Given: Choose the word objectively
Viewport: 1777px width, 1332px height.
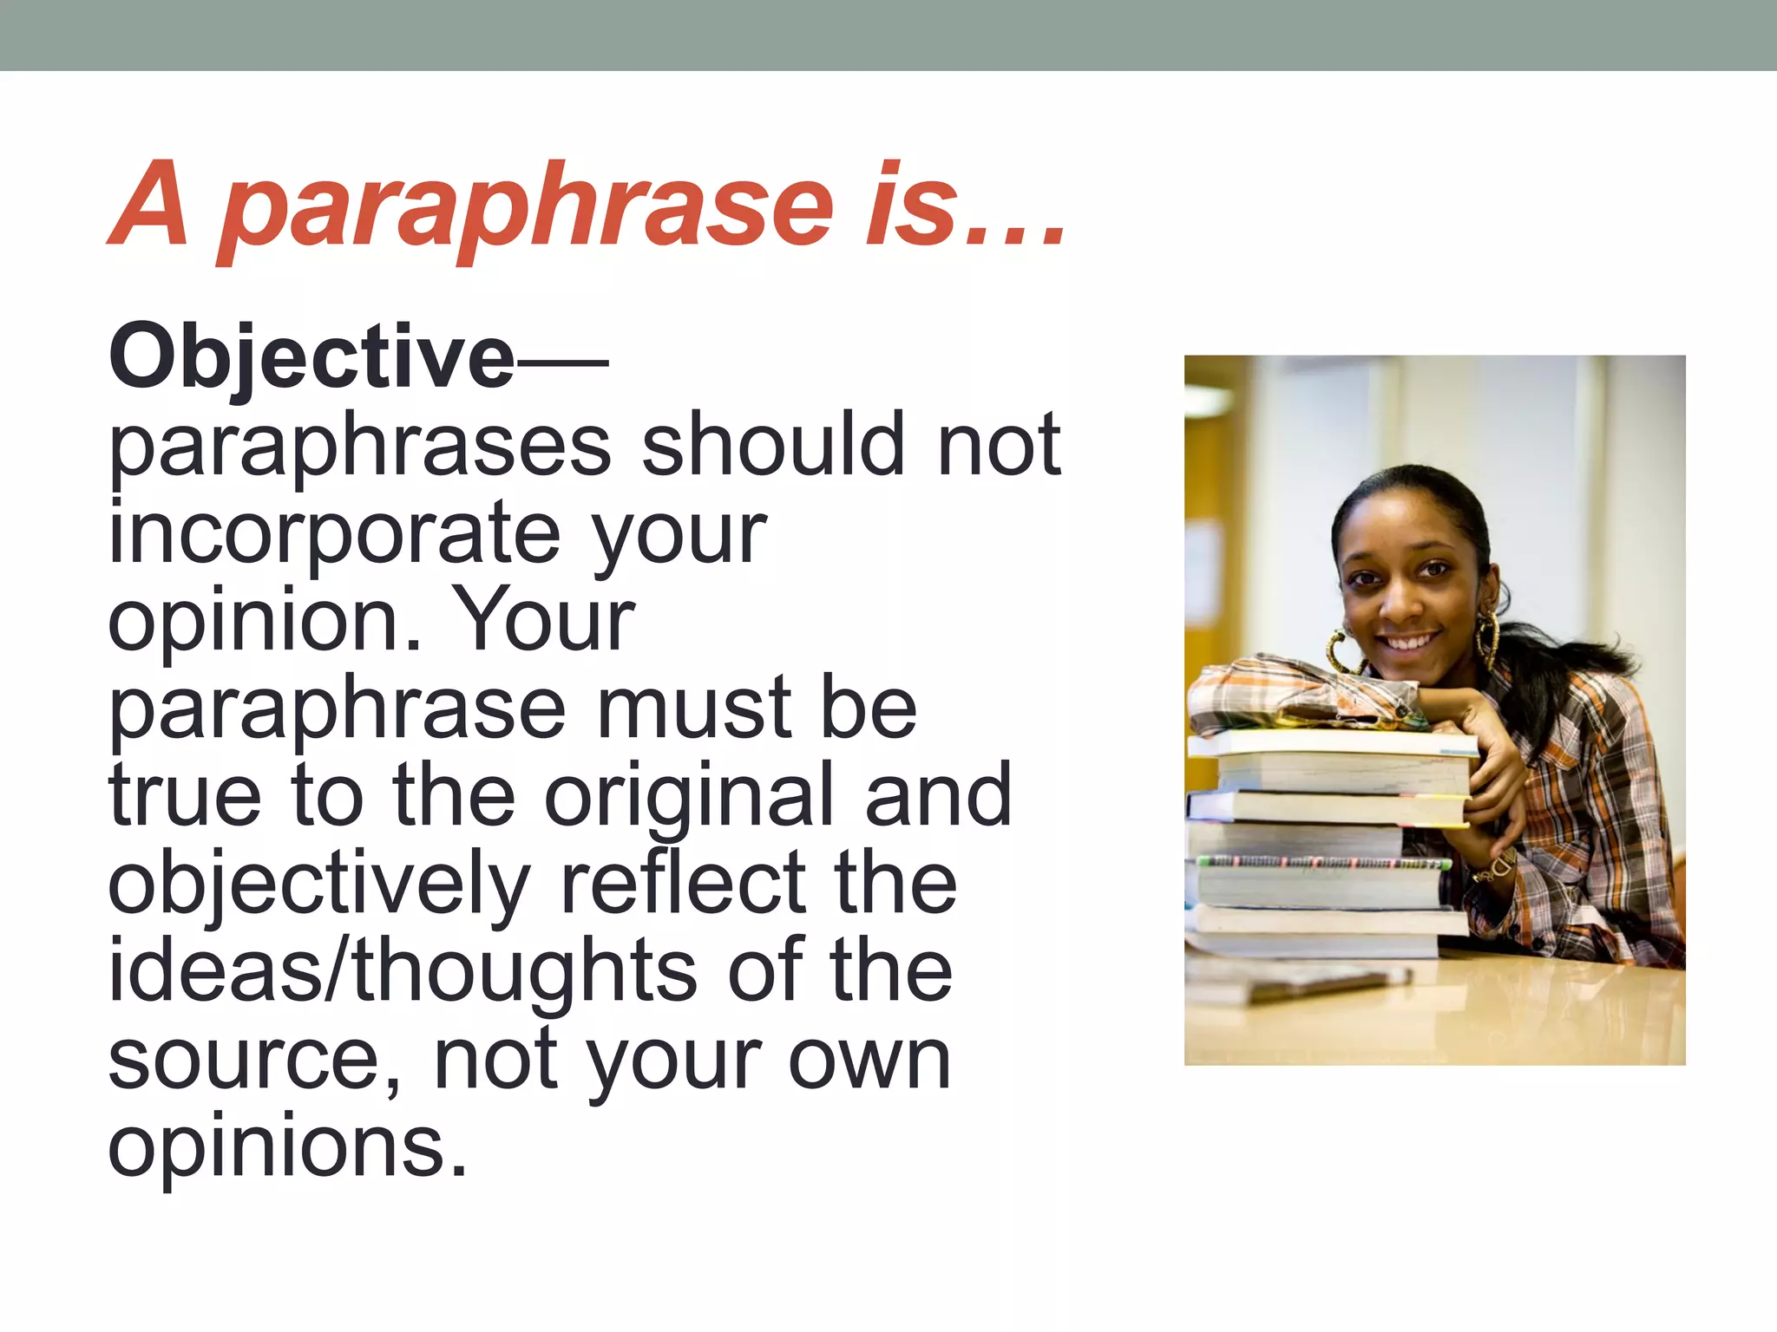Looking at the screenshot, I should coord(319,885).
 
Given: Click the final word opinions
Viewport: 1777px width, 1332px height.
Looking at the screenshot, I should coord(286,1146).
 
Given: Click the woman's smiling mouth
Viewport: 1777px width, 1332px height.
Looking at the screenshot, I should coord(1407,643).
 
